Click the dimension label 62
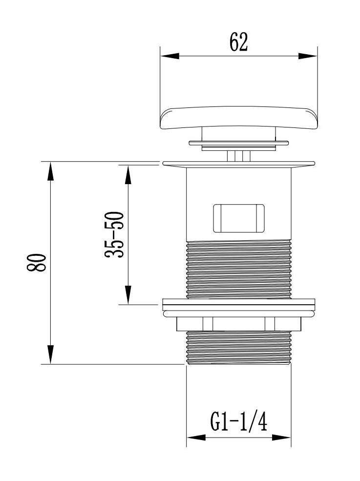pyautogui.click(x=238, y=42)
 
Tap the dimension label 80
pyautogui.click(x=37, y=262)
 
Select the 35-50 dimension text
pyautogui.click(x=114, y=234)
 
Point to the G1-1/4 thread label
pyautogui.click(x=238, y=421)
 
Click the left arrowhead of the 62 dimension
pyautogui.click(x=169, y=56)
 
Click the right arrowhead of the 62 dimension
pyautogui.click(x=308, y=56)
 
